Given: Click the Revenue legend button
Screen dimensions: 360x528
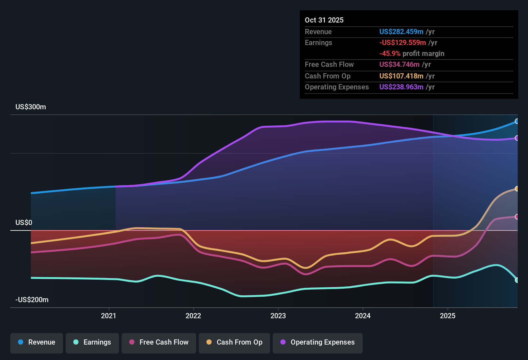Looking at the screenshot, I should [x=37, y=342].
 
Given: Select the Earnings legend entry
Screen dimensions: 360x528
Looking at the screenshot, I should [x=92, y=342].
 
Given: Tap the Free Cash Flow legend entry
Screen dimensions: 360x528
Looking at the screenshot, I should [x=159, y=342].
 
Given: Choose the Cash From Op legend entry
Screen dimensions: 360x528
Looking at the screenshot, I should [x=234, y=342].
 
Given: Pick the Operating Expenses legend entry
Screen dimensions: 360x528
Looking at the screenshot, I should [x=318, y=342].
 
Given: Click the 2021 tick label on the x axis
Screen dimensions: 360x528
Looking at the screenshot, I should [x=108, y=316].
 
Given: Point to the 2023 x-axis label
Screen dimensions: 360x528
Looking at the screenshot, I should [x=278, y=316].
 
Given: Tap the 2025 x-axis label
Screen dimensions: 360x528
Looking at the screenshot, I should [x=447, y=316].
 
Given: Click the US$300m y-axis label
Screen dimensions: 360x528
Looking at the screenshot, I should [x=31, y=107].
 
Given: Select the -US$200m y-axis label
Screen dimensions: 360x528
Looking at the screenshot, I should [x=32, y=300].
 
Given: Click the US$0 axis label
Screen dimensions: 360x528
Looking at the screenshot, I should [x=24, y=223].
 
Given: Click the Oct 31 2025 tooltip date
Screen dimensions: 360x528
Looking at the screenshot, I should [x=324, y=20].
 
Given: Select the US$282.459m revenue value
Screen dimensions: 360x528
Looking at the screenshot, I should [x=401, y=32].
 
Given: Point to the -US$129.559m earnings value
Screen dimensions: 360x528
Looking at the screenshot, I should [x=402, y=43].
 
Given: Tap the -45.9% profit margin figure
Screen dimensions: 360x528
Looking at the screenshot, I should [x=390, y=54].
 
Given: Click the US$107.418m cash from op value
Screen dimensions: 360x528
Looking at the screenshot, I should [x=401, y=76].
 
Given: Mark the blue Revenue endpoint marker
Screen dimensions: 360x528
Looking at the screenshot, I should [x=517, y=122].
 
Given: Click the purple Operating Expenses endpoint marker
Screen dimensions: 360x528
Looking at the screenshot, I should [x=517, y=138].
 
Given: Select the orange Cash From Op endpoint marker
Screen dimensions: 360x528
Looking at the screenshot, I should [x=517, y=189].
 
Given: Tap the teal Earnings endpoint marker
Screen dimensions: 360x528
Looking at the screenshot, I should [x=517, y=280].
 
